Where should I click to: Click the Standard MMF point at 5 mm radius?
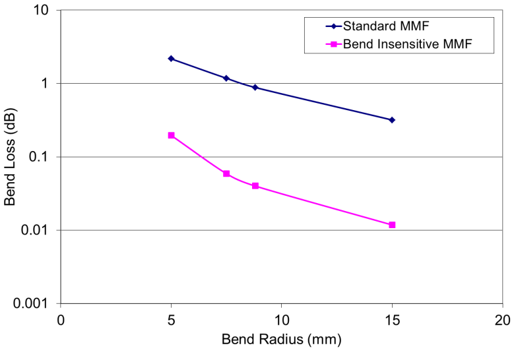pyautogui.click(x=171, y=59)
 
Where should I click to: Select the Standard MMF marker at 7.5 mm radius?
pyautogui.click(x=226, y=78)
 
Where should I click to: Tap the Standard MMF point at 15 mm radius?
pyautogui.click(x=392, y=120)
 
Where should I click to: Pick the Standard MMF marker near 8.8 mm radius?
pyautogui.click(x=255, y=87)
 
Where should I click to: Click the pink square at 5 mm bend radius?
pyautogui.click(x=171, y=135)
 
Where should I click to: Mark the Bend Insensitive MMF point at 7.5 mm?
pyautogui.click(x=226, y=173)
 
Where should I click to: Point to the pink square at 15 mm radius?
pyautogui.click(x=392, y=225)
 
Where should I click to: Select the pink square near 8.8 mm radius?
pyautogui.click(x=255, y=186)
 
